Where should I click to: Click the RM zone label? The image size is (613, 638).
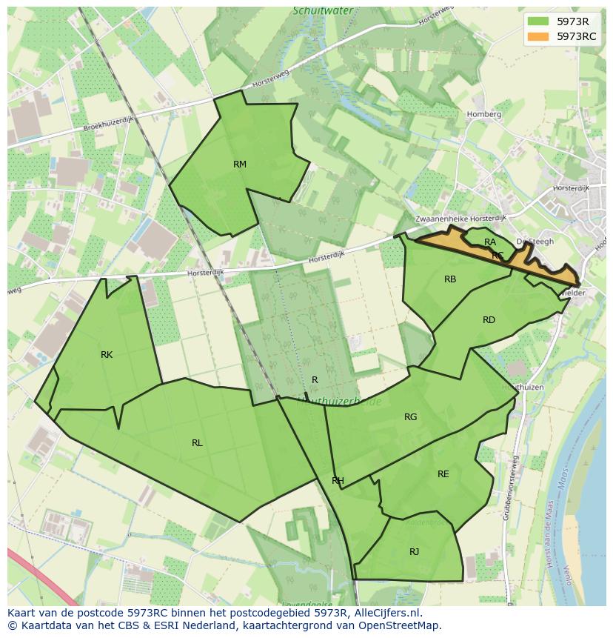tap(240, 165)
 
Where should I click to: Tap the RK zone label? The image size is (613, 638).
tap(107, 355)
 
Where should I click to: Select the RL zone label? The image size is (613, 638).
tap(197, 443)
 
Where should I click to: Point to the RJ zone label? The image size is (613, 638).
tap(414, 551)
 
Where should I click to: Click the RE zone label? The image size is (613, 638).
tap(443, 474)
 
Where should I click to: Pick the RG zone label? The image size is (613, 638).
tap(410, 417)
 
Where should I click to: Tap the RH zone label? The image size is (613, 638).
tap(338, 481)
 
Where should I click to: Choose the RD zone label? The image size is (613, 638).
tap(489, 320)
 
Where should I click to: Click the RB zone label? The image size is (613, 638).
tap(450, 279)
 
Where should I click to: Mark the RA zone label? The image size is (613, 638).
tap(490, 242)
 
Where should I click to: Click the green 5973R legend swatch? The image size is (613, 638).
tap(539, 21)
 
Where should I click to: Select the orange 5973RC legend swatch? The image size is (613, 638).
tap(539, 36)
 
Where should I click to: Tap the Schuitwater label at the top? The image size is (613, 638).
tap(323, 11)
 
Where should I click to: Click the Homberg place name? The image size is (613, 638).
tap(484, 115)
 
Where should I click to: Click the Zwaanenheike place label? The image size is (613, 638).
tap(442, 219)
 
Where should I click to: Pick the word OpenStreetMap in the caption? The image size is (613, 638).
tap(399, 625)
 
